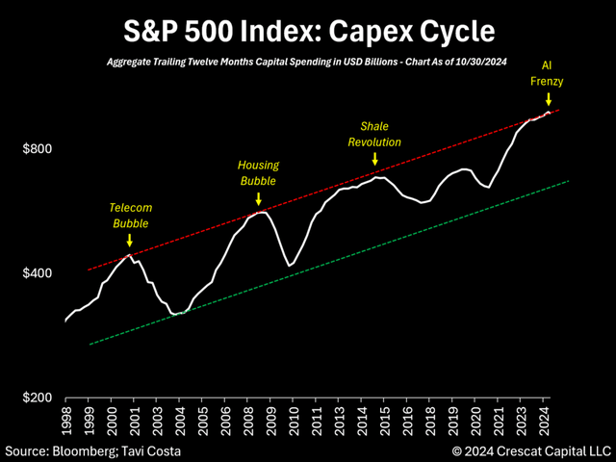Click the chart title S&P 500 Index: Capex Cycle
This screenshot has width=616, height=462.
(308, 31)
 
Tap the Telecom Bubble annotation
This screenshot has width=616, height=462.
(132, 215)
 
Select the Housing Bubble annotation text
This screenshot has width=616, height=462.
(257, 172)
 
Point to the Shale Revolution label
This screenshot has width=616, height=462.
(373, 134)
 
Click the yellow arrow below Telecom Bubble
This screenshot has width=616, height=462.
(130, 240)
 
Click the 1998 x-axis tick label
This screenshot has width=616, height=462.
(65, 420)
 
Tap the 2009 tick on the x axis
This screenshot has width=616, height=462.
(274, 420)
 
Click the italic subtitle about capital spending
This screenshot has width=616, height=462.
(308, 63)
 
